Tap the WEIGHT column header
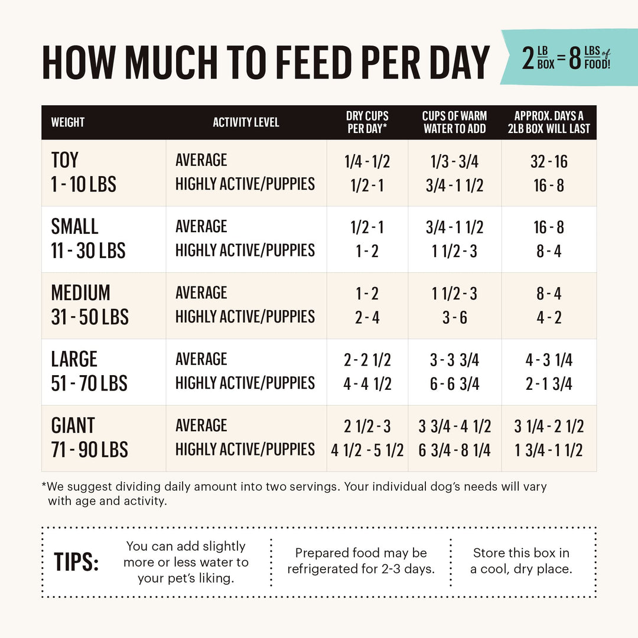(68, 123)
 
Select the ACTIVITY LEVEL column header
(246, 123)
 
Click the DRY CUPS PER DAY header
(367, 122)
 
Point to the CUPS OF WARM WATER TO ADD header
(454, 122)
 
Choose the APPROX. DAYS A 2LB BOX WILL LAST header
(549, 122)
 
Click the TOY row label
(64, 160)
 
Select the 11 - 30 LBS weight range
(88, 250)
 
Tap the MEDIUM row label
(80, 293)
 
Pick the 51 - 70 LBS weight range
(89, 383)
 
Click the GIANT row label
(73, 425)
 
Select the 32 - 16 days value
(548, 161)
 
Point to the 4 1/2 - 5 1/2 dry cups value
(367, 450)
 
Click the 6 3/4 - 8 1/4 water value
(454, 450)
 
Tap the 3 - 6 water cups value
(454, 318)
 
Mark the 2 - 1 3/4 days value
(549, 384)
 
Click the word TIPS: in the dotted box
(77, 562)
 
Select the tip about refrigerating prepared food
(360, 561)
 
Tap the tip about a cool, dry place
(521, 561)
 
